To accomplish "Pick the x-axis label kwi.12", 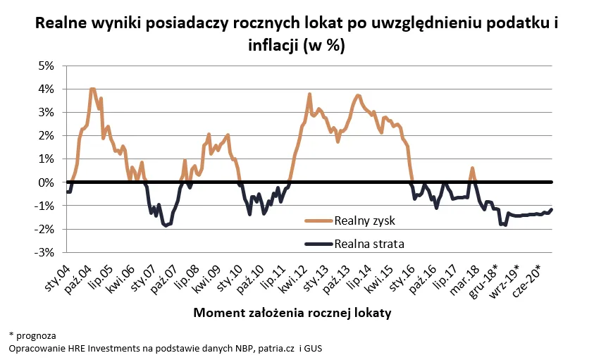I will [296, 277].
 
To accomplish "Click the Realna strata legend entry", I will [370, 243].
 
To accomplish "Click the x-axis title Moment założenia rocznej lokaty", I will [292, 312].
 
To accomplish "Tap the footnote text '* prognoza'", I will [32, 335].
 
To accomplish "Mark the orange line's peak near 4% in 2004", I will [92, 89].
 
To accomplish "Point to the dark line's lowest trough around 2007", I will [166, 225].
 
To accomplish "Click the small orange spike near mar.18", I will [472, 168].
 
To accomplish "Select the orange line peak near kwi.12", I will [309, 94].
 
